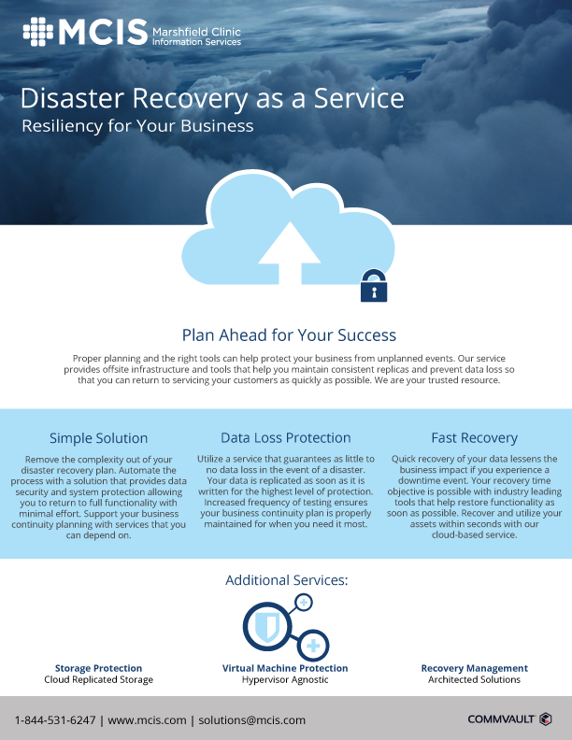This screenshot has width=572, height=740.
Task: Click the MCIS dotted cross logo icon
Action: [x=38, y=32]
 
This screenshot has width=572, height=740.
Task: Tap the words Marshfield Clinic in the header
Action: [x=196, y=32]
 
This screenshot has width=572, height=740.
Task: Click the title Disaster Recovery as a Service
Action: [x=212, y=99]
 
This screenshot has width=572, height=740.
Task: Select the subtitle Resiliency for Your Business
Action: [x=137, y=126]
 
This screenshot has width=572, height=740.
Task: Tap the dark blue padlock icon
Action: [x=374, y=286]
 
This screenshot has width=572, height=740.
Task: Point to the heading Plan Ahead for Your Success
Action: [x=289, y=335]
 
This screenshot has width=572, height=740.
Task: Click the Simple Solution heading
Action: [x=99, y=438]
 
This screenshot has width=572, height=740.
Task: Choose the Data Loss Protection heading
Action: [x=285, y=437]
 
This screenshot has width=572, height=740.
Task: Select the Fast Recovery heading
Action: [x=474, y=438]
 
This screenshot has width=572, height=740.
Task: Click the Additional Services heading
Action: [x=287, y=580]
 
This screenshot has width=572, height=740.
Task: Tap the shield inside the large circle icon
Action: [x=267, y=627]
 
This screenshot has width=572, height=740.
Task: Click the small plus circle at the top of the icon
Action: [x=304, y=603]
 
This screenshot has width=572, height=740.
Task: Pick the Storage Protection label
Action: [x=98, y=668]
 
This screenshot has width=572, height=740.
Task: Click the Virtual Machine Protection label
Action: [x=285, y=668]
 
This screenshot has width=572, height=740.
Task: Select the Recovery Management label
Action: [x=474, y=668]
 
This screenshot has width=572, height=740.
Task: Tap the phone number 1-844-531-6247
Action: [x=55, y=720]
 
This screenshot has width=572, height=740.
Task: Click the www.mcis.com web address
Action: [x=147, y=720]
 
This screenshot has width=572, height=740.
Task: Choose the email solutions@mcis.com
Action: [x=251, y=720]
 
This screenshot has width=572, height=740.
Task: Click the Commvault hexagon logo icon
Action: [x=546, y=719]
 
